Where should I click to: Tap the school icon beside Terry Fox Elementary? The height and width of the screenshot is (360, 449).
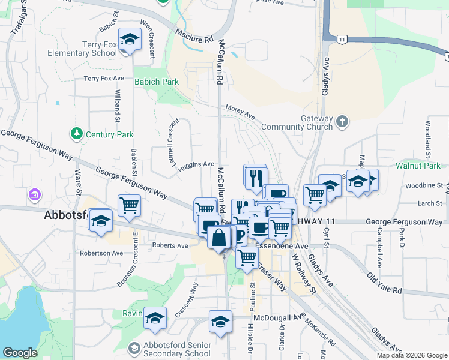coord(128,40)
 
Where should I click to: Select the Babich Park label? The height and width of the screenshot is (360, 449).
coord(157,82)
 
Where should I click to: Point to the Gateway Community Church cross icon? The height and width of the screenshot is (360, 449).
coord(342,122)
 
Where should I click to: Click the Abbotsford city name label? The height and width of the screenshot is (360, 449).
coord(66,216)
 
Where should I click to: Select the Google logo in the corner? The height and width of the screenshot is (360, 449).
coord(20,352)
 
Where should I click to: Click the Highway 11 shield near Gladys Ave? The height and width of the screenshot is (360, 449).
coord(341,39)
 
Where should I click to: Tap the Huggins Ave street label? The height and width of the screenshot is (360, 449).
coord(199,164)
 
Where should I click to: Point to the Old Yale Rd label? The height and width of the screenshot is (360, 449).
coord(384,282)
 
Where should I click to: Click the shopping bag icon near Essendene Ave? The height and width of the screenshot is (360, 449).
coord(220,238)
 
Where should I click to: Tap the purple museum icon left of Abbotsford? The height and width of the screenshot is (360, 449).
coord(34,195)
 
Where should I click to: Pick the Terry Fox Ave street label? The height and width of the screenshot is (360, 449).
coord(104,79)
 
